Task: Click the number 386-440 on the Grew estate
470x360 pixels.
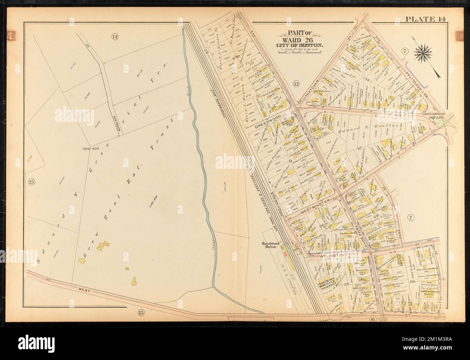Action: coord(90,149)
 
